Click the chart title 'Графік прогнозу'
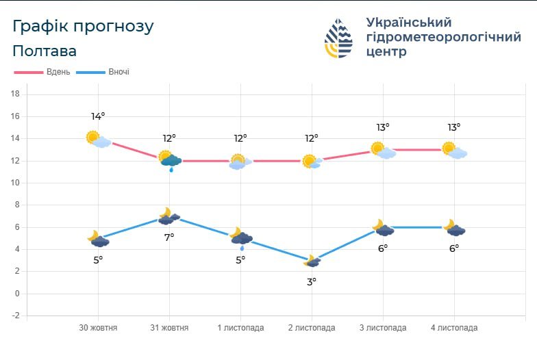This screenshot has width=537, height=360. (x=83, y=27)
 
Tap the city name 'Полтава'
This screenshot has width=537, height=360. (x=45, y=51)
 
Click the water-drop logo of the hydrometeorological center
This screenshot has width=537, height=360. (x=338, y=38)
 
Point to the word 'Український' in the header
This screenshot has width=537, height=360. (x=409, y=22)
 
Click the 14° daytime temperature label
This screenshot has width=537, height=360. (x=98, y=116)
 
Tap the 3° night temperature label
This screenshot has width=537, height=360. (x=311, y=281)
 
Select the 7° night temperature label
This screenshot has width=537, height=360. (x=169, y=237)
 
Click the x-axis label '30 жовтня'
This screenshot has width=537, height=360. (x=98, y=328)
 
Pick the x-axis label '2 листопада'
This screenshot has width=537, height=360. (x=312, y=328)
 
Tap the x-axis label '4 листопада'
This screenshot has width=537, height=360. (x=454, y=328)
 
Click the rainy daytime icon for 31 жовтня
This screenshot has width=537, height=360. (x=169, y=160)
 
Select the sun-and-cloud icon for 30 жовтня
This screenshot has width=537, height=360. (x=98, y=139)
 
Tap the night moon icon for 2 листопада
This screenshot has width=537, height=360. (x=311, y=261)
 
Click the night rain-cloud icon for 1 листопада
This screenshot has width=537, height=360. (x=240, y=237)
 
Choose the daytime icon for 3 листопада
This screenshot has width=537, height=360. (x=383, y=150)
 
